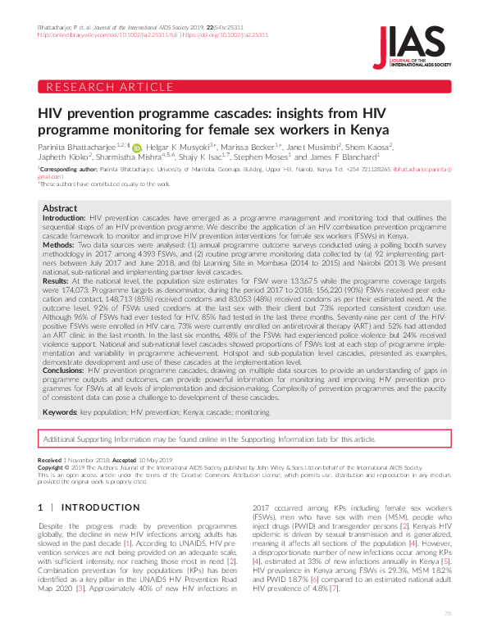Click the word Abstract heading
tap(59, 209)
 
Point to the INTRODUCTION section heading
tap(90, 508)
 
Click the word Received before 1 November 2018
tap(49, 461)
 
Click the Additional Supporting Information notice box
tap(244, 440)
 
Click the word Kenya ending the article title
tap(367, 130)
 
